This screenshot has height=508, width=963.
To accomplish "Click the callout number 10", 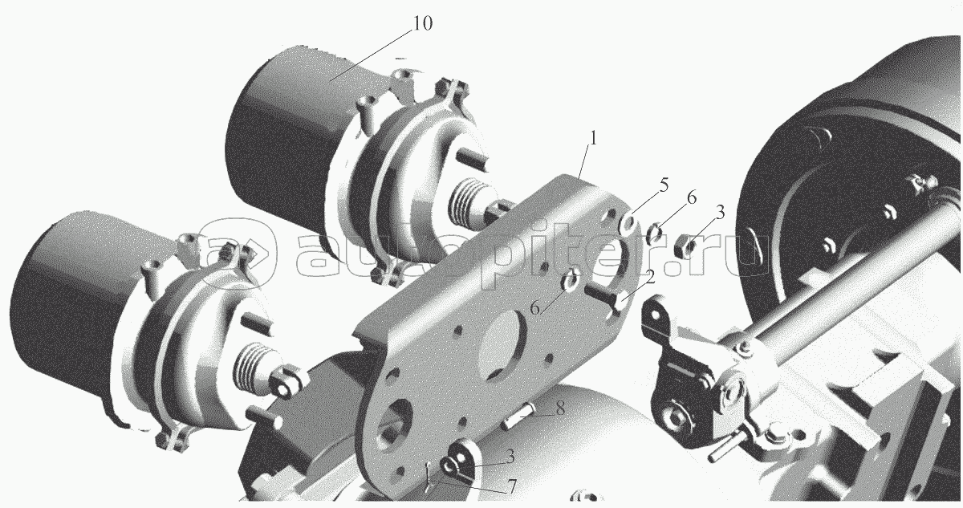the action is click(422, 23).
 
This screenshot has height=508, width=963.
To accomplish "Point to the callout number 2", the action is click(649, 277).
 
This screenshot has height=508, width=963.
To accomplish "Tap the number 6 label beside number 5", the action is click(691, 197).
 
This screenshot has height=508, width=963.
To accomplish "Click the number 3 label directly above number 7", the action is click(510, 457).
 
